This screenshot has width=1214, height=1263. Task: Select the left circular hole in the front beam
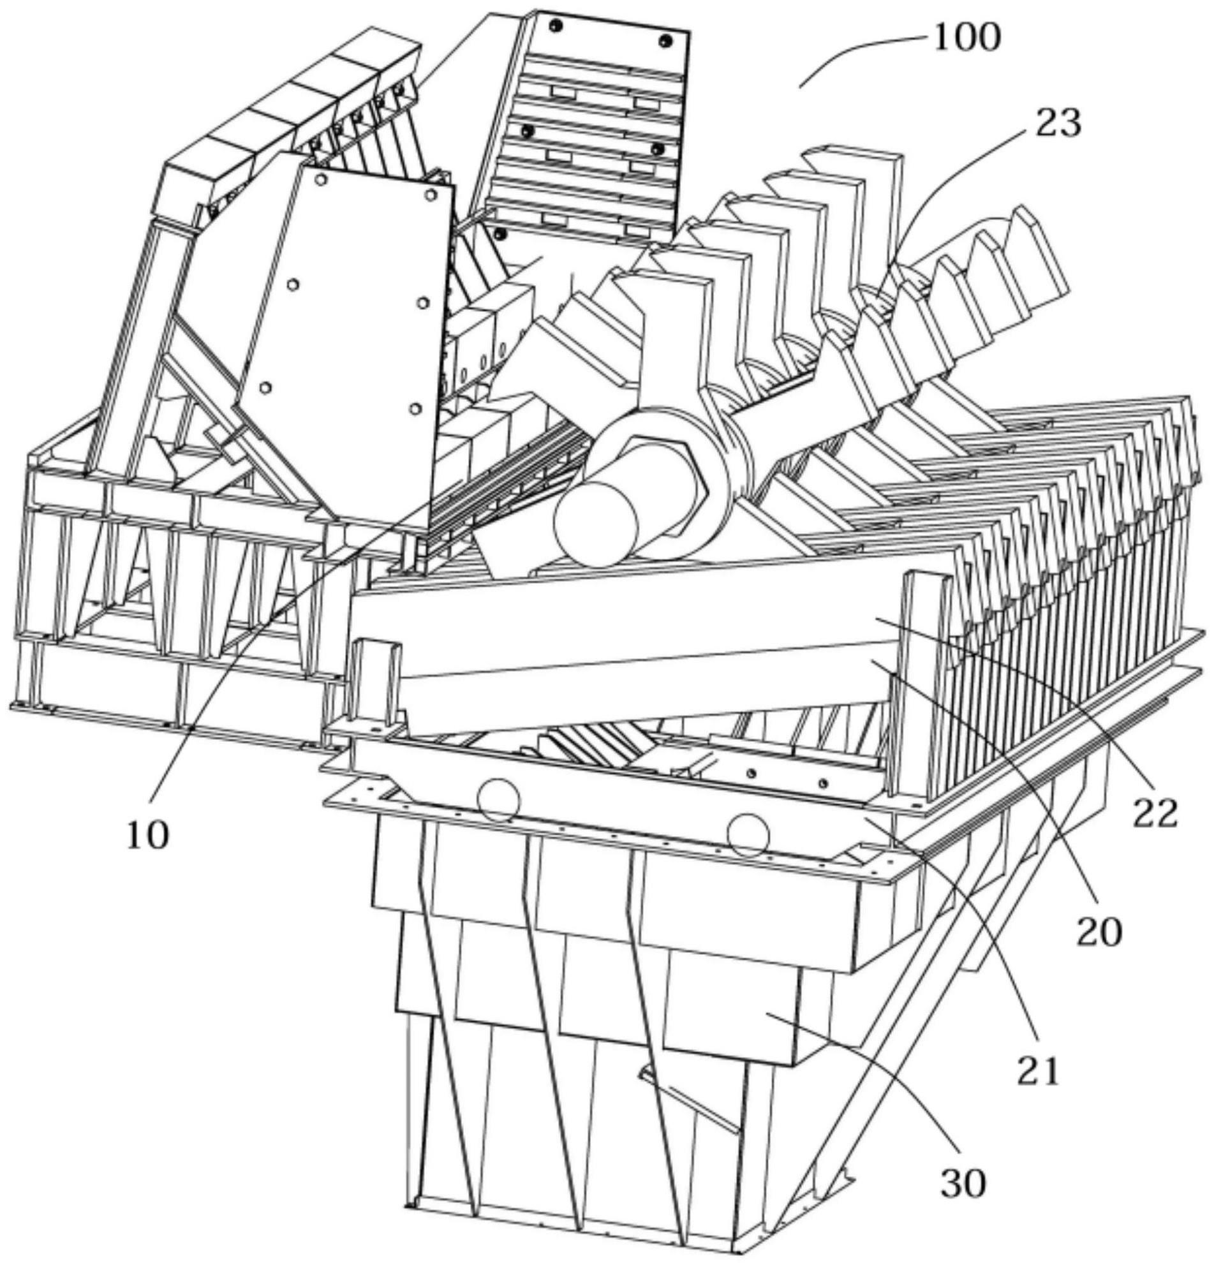tap(498, 801)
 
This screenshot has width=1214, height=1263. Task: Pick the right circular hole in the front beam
tap(748, 834)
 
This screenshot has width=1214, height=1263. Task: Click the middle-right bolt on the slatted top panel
tap(657, 149)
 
